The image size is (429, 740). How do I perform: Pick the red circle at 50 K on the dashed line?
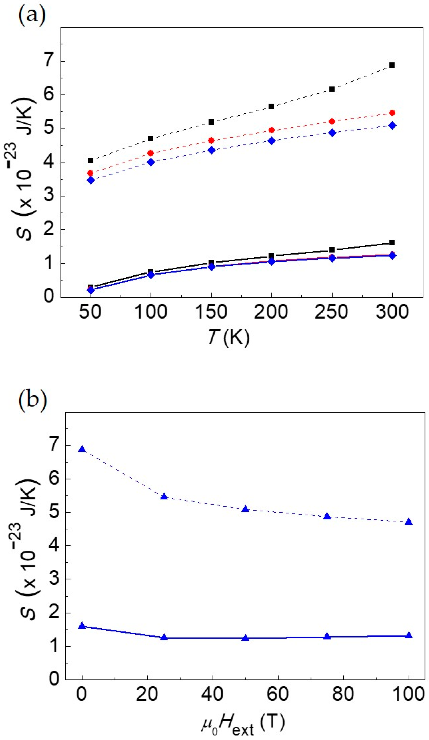90,173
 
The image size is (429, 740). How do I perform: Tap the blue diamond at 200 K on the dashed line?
271,141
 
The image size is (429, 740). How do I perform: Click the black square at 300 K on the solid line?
392,243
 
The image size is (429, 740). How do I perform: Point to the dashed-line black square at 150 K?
211,122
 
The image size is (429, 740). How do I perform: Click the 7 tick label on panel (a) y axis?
49,62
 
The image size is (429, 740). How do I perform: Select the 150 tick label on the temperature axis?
211,312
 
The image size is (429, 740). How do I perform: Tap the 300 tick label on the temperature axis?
392,312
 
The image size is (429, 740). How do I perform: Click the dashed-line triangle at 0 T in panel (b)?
82,449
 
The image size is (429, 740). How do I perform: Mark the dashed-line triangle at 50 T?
246,509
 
